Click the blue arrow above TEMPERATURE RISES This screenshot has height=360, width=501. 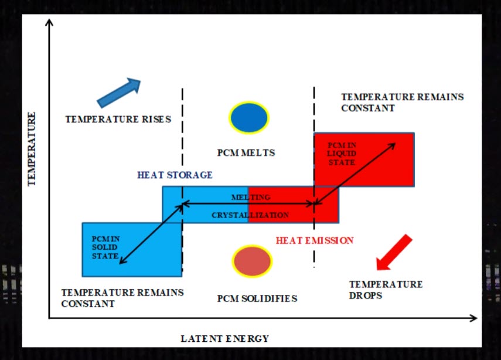(118, 93)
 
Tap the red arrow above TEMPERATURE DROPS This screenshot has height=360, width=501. (394, 253)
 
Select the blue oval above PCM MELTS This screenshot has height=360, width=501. (249, 118)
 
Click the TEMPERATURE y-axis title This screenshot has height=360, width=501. (32, 149)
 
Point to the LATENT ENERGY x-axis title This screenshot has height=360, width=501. (224, 338)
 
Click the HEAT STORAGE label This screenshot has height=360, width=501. (175, 175)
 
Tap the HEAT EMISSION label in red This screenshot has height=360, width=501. (315, 240)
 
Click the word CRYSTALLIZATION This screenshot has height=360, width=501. (250, 215)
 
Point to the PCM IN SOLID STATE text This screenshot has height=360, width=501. (105, 247)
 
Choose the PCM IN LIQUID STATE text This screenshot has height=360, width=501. (342, 154)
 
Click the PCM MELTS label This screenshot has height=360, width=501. (246, 153)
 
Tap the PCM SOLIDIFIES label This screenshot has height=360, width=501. (257, 298)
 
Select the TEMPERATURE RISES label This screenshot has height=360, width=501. (118, 119)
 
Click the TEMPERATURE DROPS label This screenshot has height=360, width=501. (386, 290)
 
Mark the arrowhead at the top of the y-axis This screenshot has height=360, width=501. (50, 23)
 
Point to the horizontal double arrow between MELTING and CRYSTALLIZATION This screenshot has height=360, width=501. (249, 204)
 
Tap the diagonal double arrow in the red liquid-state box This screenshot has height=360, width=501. (357, 172)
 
